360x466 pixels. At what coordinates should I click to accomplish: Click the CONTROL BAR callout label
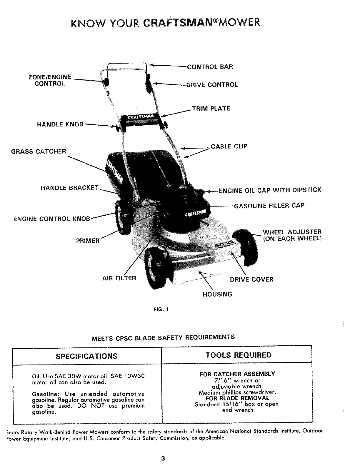[210, 66]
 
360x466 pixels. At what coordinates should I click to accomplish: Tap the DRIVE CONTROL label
[212, 85]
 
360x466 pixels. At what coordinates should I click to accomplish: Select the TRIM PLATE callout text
[211, 109]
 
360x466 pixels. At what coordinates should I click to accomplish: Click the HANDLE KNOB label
[60, 124]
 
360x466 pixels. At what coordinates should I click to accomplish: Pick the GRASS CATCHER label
[39, 152]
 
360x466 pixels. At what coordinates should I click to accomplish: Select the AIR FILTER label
[119, 278]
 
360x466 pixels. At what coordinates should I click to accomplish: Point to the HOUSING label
[217, 294]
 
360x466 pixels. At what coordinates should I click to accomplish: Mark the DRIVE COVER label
[251, 279]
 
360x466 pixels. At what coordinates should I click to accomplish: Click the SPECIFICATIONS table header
[86, 356]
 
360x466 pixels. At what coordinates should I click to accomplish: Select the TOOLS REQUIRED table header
[239, 355]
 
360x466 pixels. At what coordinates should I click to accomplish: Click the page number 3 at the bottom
[163, 458]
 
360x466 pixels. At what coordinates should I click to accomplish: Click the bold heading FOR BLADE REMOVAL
[237, 398]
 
